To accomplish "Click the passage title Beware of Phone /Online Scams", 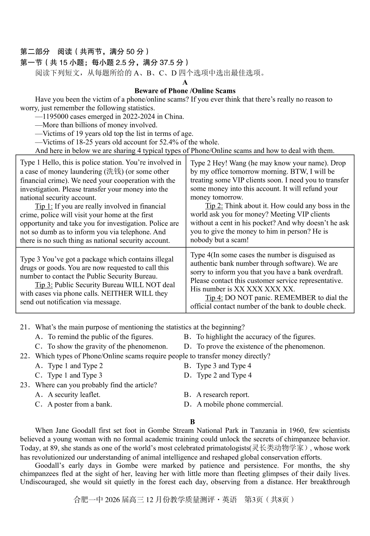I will [x=185, y=91].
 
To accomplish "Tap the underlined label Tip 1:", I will [x=44, y=206].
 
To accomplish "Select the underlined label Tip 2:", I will [x=214, y=206].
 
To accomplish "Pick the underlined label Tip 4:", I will [x=214, y=298].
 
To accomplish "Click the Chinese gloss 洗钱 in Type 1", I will [x=114, y=172].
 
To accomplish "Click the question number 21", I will [x=25, y=327].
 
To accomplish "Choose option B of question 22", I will [x=224, y=366].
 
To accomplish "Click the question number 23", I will [x=25, y=385].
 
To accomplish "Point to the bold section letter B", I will [x=192, y=422].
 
